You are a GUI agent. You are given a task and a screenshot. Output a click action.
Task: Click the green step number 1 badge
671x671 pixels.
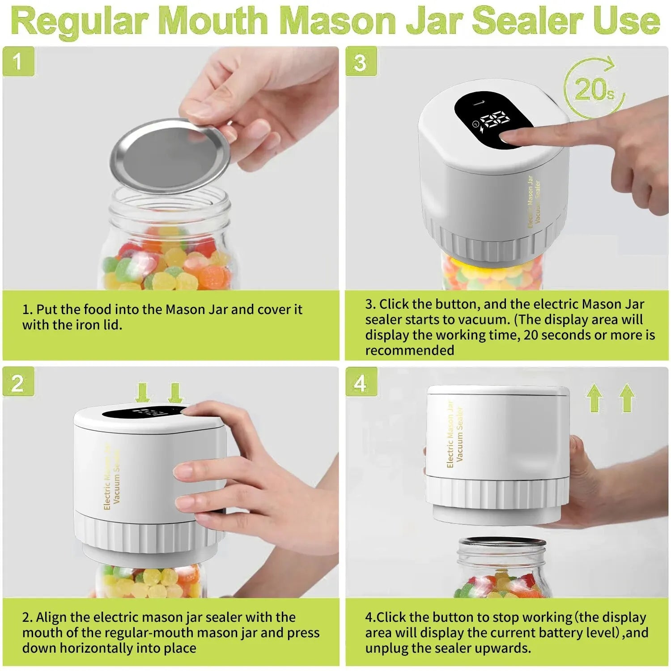(18, 61)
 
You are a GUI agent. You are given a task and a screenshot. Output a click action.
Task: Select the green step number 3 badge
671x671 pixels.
(361, 61)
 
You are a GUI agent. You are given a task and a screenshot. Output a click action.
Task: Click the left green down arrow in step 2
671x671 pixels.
(143, 392)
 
